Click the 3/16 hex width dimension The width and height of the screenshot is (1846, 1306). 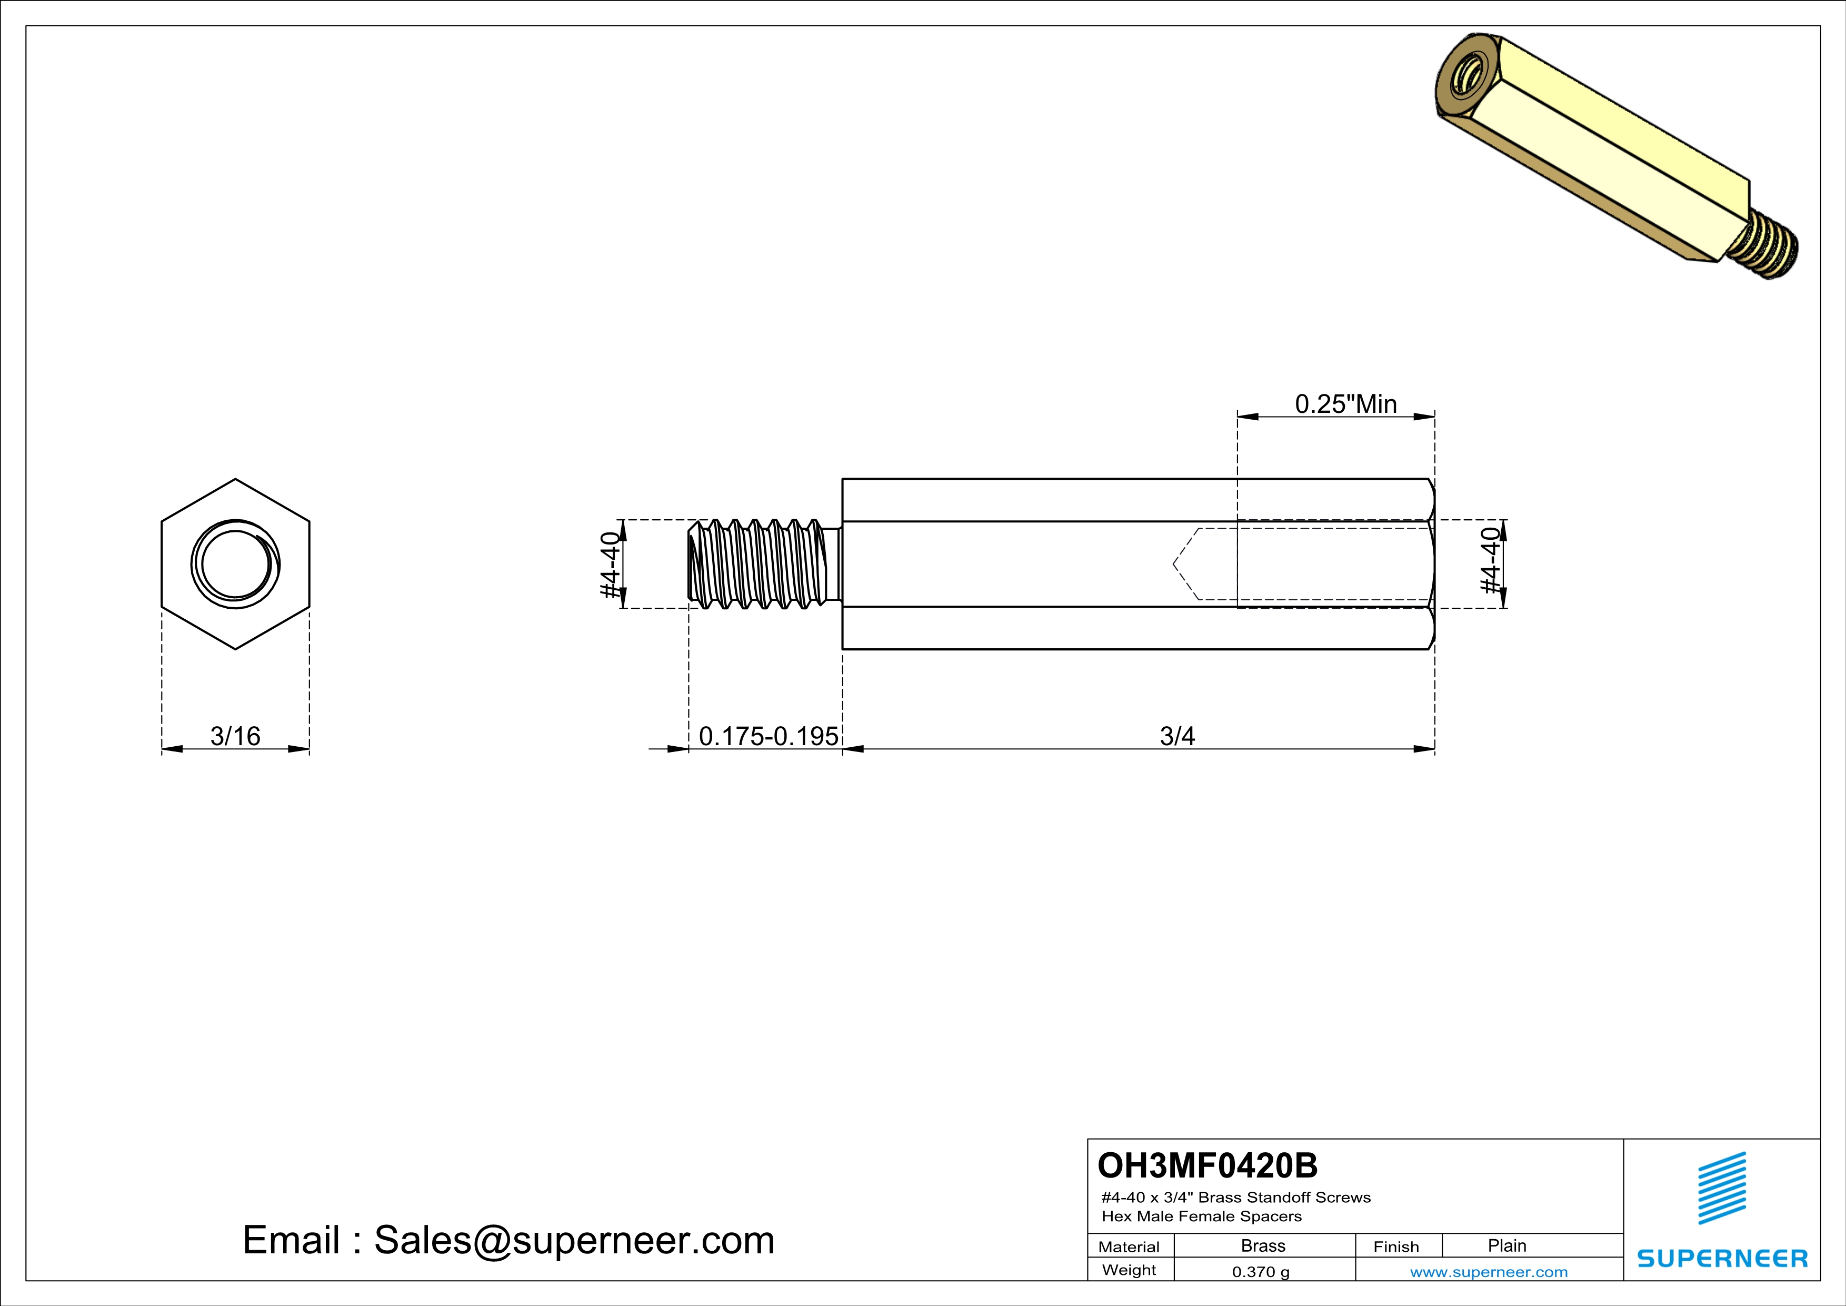(235, 736)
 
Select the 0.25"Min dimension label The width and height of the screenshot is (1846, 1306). (1345, 404)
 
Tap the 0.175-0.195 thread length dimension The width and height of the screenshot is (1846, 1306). (768, 736)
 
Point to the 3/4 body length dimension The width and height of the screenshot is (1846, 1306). (1177, 736)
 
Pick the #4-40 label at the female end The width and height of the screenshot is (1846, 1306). (1491, 561)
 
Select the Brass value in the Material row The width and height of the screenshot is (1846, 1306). (1263, 1245)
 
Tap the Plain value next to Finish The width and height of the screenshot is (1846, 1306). (1506, 1245)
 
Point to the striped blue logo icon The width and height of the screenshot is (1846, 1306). (1721, 1188)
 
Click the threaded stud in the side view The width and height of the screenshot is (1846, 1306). (760, 563)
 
